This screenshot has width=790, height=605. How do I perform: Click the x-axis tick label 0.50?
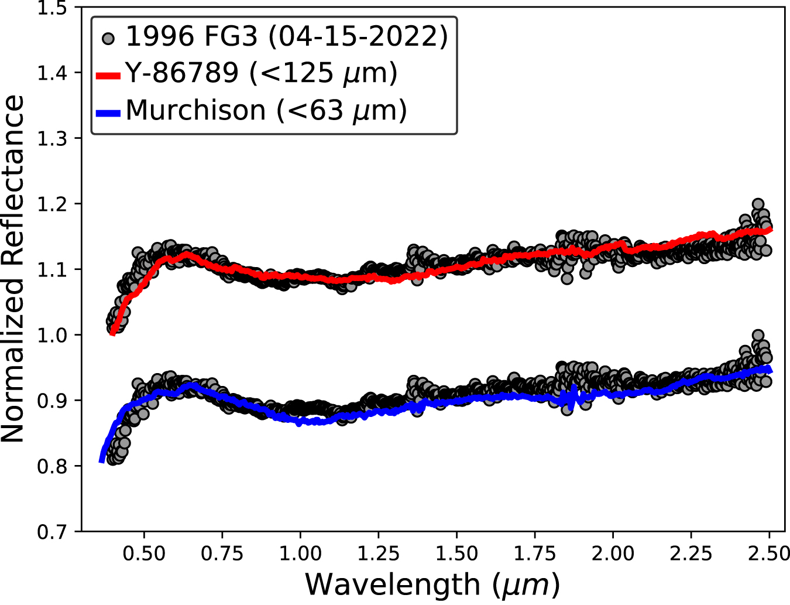point(144,553)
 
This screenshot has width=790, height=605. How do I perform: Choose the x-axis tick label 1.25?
point(379,553)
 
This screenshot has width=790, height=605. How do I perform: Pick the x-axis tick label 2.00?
point(613,553)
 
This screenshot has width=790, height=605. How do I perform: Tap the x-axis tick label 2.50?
point(768,553)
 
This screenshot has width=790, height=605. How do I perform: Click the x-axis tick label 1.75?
point(535,553)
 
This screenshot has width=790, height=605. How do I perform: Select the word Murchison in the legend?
point(195,111)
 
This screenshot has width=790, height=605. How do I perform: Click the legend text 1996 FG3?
point(191,37)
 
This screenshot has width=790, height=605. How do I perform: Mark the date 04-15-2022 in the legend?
point(358,37)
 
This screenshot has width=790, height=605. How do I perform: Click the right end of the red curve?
point(771,230)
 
